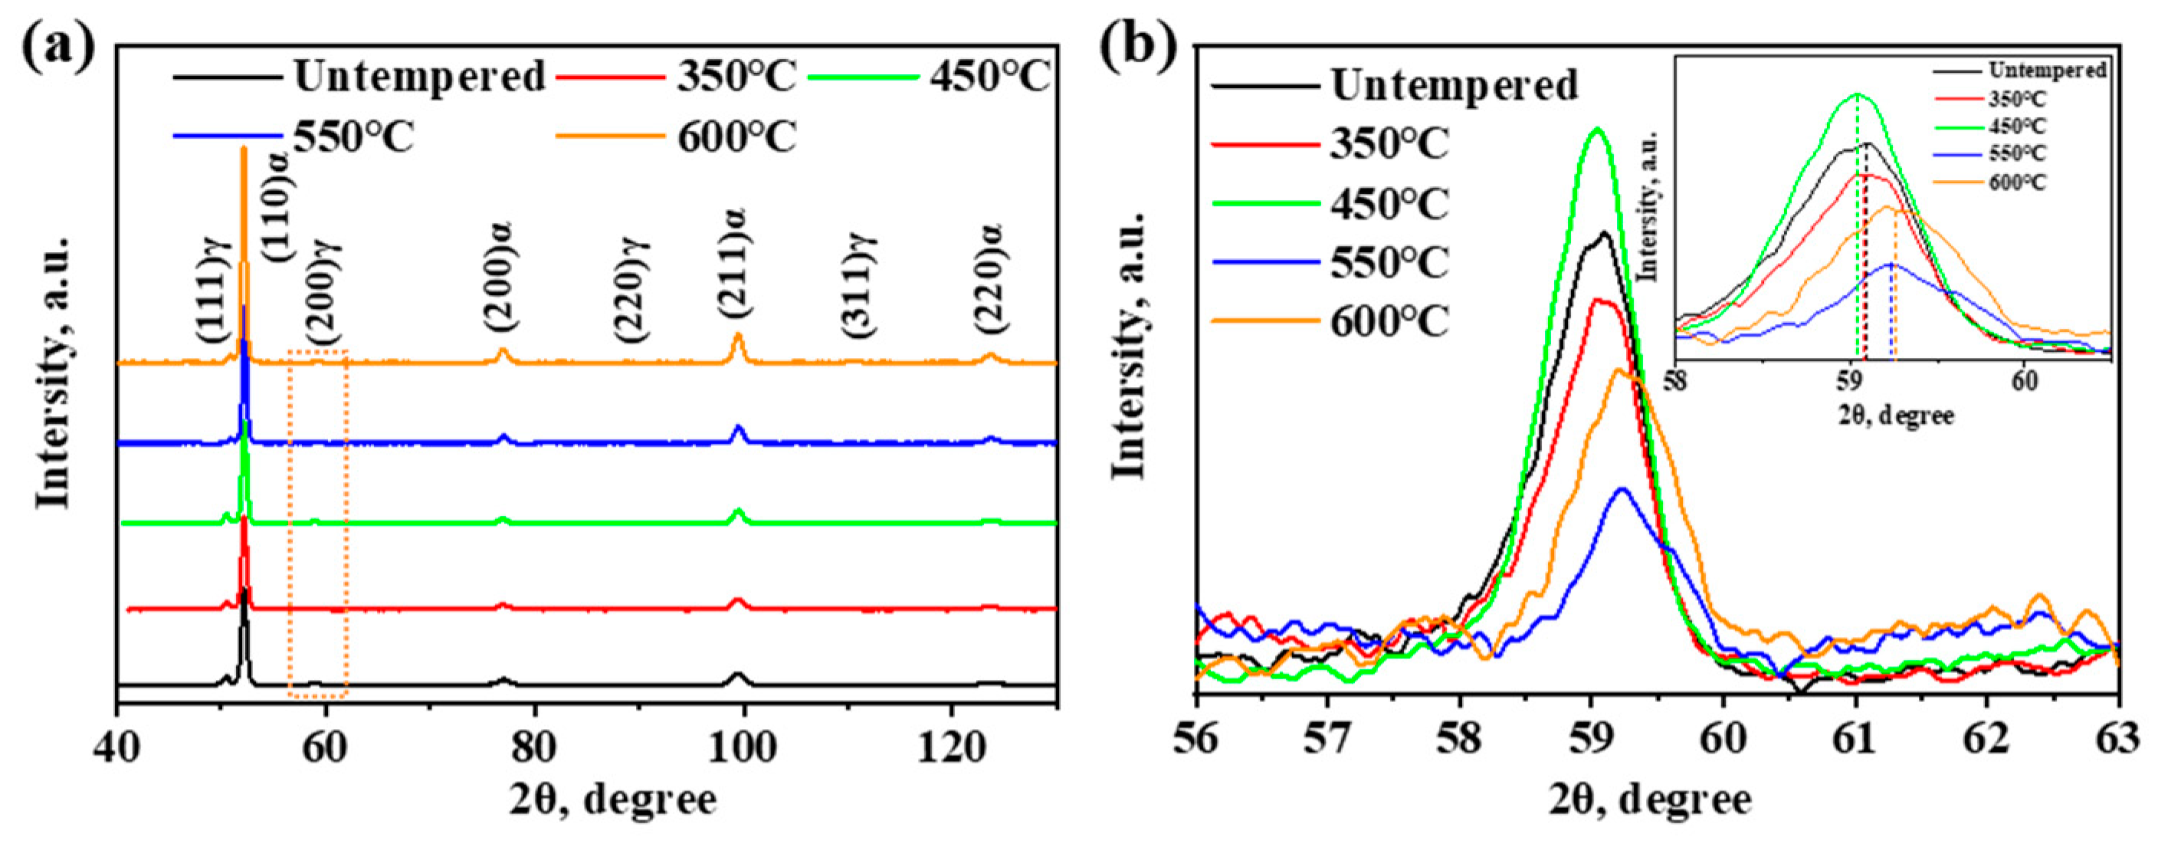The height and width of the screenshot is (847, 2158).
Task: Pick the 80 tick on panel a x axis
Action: (533, 748)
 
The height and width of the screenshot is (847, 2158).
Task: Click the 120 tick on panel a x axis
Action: (951, 748)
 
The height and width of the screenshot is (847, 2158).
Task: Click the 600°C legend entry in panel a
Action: (736, 136)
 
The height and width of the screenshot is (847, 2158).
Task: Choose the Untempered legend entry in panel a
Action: (419, 77)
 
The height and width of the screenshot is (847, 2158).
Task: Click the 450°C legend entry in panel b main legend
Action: (1388, 204)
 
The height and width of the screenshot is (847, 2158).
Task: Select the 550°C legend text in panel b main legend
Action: (1388, 263)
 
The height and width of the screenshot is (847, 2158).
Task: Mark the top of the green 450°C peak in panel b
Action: (1597, 130)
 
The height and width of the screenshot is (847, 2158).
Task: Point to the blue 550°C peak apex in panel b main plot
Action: (1622, 488)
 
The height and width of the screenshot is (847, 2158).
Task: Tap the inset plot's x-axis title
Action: (1896, 415)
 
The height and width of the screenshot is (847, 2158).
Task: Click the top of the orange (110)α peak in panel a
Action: (244, 149)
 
